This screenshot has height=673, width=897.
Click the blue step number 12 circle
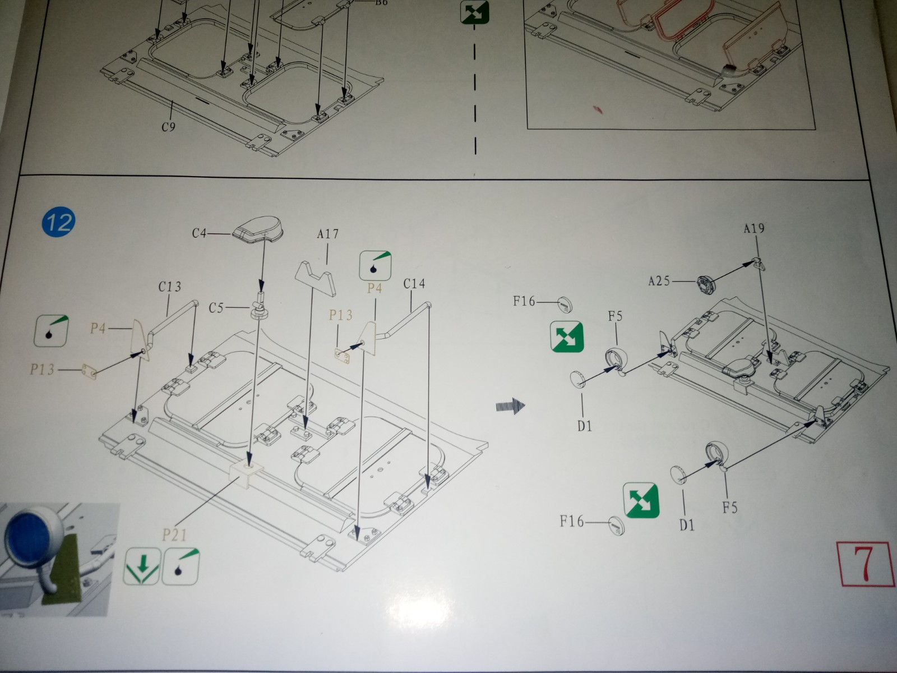[58, 222]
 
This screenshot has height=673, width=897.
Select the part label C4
[199, 233]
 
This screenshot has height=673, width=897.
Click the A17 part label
[328, 234]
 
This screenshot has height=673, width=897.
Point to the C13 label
[170, 287]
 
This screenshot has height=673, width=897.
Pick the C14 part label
[414, 284]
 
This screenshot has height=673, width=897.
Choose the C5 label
[216, 307]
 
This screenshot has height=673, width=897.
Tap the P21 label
[174, 535]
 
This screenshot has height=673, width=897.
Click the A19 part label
[754, 228]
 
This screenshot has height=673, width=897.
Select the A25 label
[659, 281]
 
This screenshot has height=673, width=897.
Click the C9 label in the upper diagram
[168, 127]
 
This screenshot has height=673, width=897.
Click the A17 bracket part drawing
[316, 278]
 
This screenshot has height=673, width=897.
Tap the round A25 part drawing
[707, 282]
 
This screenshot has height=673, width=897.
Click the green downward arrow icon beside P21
[142, 566]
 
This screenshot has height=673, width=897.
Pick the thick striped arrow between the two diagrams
[510, 406]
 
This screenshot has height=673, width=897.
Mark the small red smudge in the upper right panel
[598, 109]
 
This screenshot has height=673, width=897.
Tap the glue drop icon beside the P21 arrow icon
[181, 566]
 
